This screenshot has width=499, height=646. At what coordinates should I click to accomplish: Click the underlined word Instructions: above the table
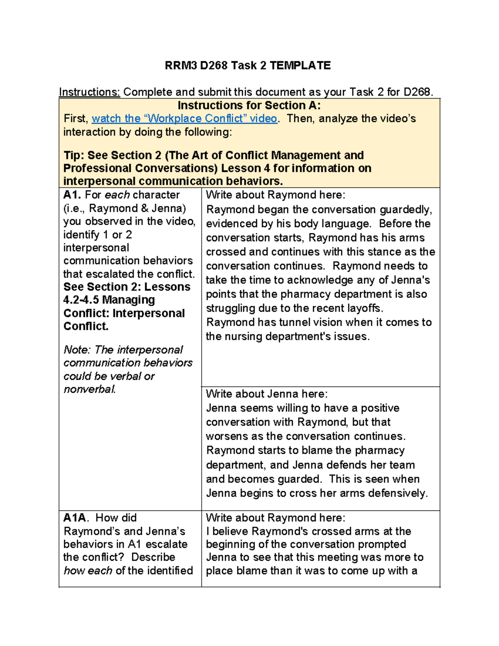pos(89,92)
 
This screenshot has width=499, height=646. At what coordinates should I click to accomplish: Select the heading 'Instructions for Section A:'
pos(249,105)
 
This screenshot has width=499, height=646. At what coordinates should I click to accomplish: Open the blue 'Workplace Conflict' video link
pos(184,119)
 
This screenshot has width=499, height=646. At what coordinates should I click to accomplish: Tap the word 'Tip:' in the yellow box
pos(74,155)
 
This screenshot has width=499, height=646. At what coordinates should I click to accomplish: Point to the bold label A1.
pos(72,195)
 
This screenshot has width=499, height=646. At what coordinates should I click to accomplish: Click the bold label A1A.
pos(75,518)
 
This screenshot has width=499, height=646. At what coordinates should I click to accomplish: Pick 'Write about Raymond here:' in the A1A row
pos(275,518)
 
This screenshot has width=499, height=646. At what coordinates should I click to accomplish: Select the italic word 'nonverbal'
pos(89,389)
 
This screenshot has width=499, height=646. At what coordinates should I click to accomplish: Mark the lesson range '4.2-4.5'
pos(81,300)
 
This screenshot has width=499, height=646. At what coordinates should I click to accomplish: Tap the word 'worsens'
pos(228,436)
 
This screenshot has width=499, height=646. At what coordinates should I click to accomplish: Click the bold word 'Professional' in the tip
pos(97,168)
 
